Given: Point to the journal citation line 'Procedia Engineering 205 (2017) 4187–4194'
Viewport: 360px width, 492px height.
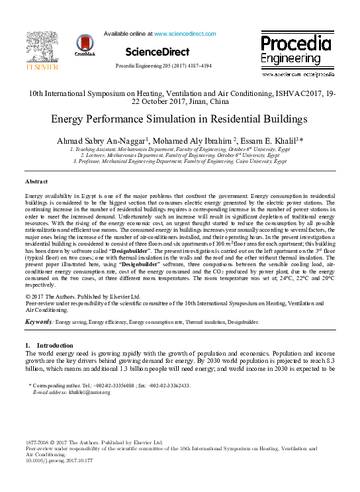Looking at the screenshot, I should (163, 66).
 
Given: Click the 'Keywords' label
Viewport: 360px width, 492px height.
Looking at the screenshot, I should (39, 322).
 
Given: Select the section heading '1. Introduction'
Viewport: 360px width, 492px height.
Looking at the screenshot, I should (50, 346).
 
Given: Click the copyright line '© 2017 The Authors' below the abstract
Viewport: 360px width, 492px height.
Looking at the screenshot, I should (80, 296).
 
